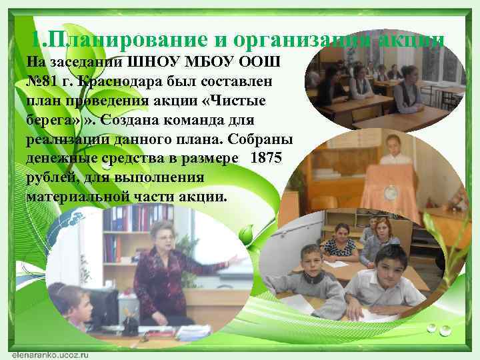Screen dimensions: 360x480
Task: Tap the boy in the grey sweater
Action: tap(313, 280)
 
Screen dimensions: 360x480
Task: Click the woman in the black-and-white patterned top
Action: tap(340, 243)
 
